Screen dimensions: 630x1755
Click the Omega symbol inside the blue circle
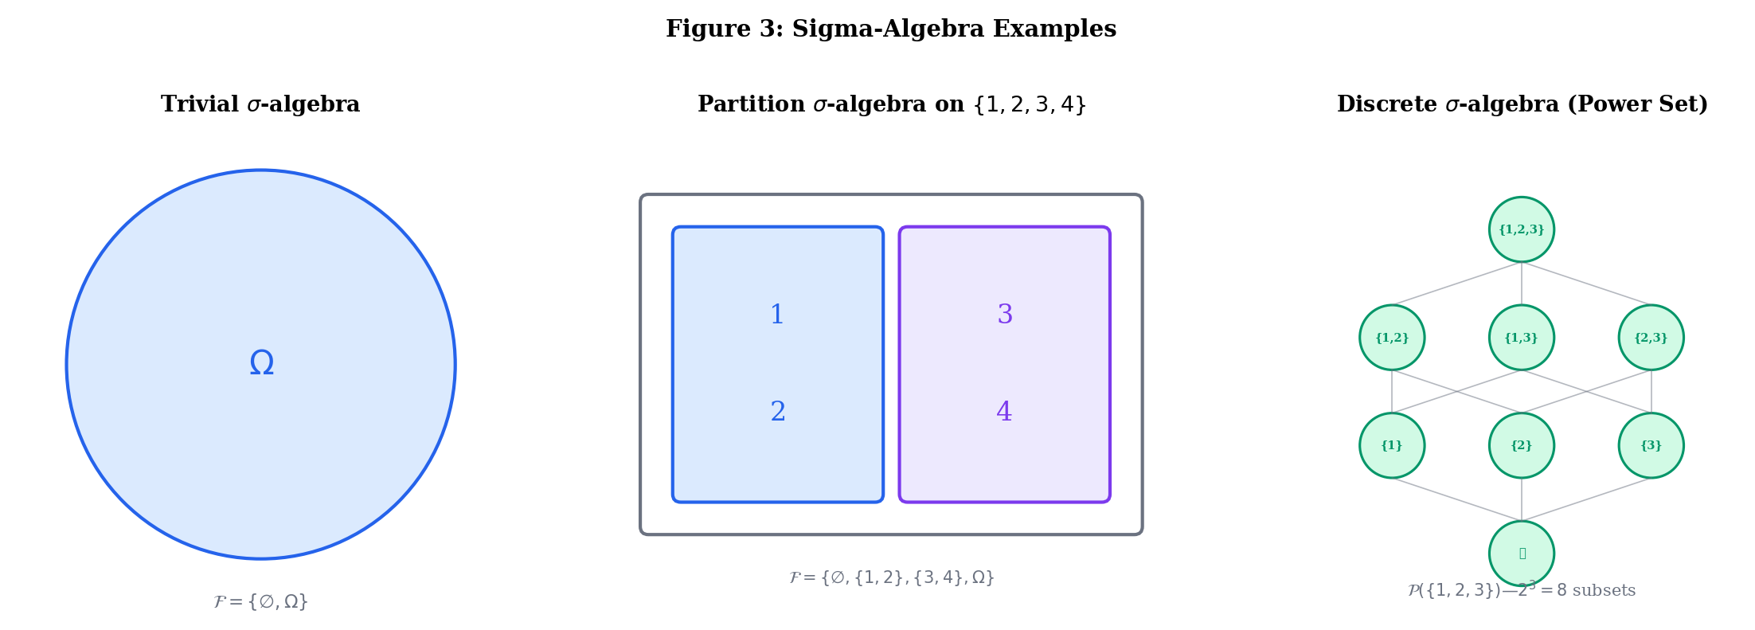pyautogui.click(x=261, y=364)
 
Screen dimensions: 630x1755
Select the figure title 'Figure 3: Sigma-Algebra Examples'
pyautogui.click(x=890, y=29)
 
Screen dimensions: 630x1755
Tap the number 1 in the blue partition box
pyautogui.click(x=777, y=315)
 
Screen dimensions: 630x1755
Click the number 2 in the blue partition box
pyautogui.click(x=778, y=412)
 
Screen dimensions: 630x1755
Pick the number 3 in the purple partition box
pyautogui.click(x=1005, y=315)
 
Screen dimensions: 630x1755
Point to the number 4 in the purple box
pyautogui.click(x=1004, y=412)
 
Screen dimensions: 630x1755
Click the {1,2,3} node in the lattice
pyautogui.click(x=1521, y=229)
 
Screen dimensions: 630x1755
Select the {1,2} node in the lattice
pyautogui.click(x=1391, y=338)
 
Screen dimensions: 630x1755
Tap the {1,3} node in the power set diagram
pyautogui.click(x=1521, y=338)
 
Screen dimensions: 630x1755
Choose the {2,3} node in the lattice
pyautogui.click(x=1651, y=338)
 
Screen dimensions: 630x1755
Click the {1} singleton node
pyautogui.click(x=1391, y=445)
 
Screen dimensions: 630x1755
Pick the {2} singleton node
pyautogui.click(x=1521, y=445)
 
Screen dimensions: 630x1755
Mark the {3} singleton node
pyautogui.click(x=1651, y=445)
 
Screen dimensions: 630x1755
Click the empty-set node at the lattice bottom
pyautogui.click(x=1521, y=553)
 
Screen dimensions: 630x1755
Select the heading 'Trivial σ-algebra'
pyautogui.click(x=260, y=104)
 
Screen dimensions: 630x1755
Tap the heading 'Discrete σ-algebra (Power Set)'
pyautogui.click(x=1522, y=104)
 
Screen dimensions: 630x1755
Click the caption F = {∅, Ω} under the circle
pyautogui.click(x=260, y=601)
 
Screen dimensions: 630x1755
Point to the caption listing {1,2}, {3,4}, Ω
pyautogui.click(x=891, y=577)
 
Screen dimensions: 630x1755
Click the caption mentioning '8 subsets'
pyautogui.click(x=1521, y=591)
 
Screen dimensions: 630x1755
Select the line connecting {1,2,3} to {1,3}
pyautogui.click(x=1521, y=284)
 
